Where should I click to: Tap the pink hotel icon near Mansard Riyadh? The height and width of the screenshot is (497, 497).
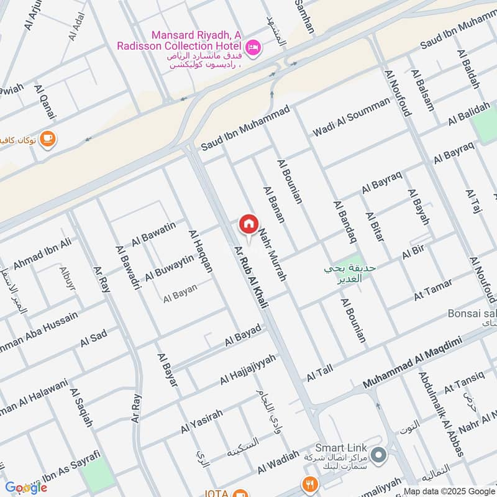point(253,47)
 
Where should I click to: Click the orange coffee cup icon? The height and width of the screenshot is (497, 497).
point(48,139)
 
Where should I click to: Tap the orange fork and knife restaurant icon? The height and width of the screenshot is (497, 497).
point(309,484)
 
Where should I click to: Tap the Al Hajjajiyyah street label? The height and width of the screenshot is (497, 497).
point(248,370)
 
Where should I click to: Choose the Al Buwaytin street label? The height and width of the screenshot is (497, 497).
point(169,268)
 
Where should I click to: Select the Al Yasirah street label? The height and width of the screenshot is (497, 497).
point(201,421)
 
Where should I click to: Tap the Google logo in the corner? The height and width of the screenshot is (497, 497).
point(26,488)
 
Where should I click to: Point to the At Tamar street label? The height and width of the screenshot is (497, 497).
point(433,290)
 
